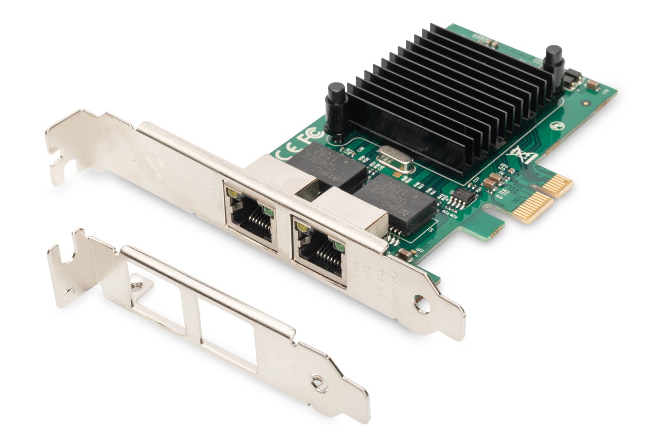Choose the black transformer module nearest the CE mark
click(x=327, y=163)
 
